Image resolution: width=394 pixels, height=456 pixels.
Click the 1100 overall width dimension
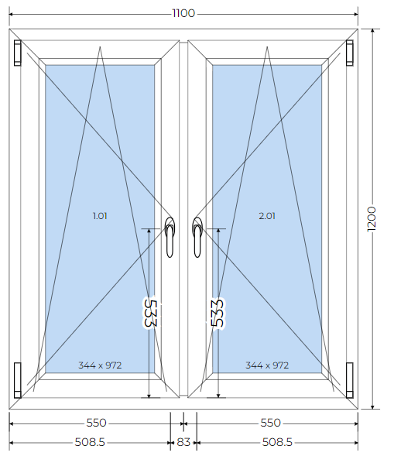click(183, 13)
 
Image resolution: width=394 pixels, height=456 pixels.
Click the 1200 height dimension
click(372, 219)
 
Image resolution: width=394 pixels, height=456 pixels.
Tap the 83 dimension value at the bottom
click(183, 442)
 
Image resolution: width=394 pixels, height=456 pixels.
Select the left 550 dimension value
click(96, 423)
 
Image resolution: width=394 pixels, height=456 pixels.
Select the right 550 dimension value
click(270, 423)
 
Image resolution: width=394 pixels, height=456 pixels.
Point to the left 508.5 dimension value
click(90, 442)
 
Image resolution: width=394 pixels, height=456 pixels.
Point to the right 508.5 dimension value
click(277, 442)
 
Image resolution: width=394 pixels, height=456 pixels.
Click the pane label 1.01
click(100, 216)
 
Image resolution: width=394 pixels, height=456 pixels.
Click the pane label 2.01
click(267, 216)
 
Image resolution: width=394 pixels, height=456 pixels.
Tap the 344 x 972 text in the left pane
click(100, 365)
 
